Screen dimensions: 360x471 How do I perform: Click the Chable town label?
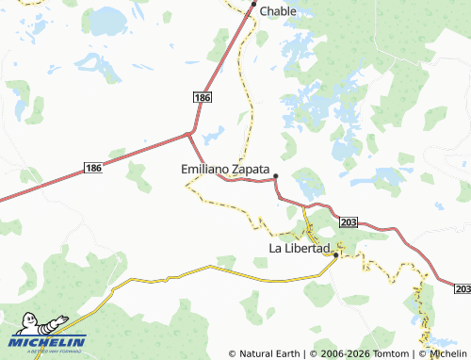[278, 11]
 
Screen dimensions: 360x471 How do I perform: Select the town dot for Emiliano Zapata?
[276, 176]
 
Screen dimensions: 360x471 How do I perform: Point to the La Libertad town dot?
[336, 254]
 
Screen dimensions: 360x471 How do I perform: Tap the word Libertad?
[306, 248]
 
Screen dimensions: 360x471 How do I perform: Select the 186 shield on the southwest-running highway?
[92, 168]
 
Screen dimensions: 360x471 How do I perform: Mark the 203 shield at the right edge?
[463, 286]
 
